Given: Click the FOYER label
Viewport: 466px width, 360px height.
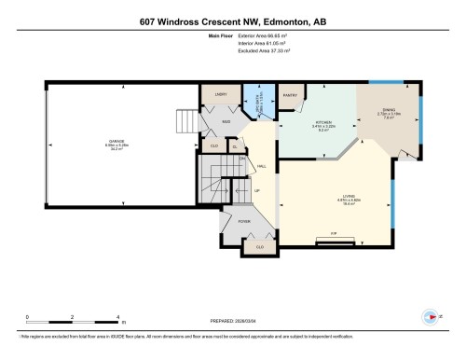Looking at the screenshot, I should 244,222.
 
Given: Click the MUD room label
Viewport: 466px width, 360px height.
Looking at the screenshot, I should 226,121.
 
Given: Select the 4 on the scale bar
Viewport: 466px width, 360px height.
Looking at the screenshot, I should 117,317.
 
